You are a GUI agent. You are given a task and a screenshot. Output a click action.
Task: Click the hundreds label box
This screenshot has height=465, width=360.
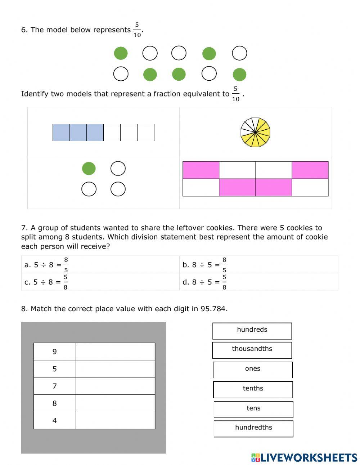[252, 331]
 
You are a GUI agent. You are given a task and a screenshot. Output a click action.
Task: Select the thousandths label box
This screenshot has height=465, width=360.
[252, 350]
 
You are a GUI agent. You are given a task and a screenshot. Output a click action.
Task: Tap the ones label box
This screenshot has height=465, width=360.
[252, 370]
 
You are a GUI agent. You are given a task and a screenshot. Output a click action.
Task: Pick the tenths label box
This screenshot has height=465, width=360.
[253, 389]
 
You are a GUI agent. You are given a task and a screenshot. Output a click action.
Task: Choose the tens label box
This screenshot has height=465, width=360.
[253, 409]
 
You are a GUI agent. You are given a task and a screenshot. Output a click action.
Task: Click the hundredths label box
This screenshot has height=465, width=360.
[253, 429]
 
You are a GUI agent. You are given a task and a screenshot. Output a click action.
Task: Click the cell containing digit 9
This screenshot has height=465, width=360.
[55, 352]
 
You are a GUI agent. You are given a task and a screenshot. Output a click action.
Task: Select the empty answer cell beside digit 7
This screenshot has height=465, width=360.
[115, 386]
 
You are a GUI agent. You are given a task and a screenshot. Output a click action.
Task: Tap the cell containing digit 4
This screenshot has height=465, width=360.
[55, 420]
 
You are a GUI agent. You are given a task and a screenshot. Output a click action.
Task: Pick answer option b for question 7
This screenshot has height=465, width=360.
[204, 265]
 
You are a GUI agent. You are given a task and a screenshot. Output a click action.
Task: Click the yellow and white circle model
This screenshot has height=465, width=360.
[255, 132]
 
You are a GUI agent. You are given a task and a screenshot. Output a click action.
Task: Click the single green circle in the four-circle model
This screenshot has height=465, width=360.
[89, 169]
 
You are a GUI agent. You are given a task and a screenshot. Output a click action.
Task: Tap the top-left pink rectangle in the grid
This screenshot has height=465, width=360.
[201, 170]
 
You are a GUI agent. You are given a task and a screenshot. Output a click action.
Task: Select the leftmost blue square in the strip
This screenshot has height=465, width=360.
[61, 132]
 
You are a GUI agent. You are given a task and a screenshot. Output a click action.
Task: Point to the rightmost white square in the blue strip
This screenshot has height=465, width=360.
[146, 132]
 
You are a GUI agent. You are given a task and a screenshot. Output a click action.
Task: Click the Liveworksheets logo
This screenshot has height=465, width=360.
[304, 457]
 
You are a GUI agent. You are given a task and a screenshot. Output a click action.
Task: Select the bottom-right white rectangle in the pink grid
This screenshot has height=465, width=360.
[310, 188]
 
